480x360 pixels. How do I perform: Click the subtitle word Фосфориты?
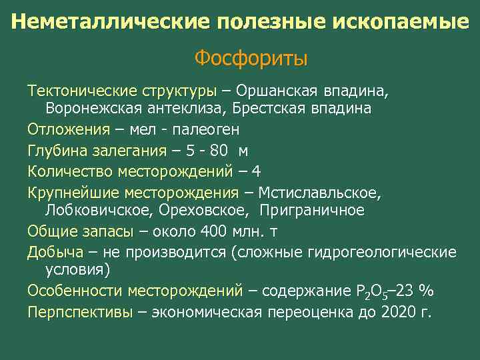click(x=251, y=59)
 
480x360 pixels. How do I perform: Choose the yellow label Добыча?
click(x=55, y=251)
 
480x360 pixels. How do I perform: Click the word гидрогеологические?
click(x=383, y=251)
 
